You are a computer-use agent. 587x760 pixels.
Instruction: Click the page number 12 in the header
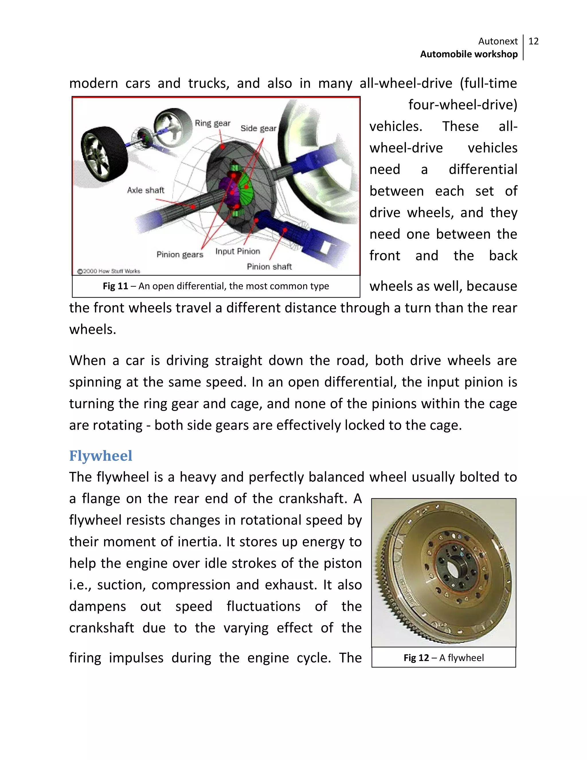[533, 41]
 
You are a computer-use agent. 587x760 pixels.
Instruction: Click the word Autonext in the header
[498, 41]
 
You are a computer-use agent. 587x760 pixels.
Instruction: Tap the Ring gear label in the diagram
[212, 123]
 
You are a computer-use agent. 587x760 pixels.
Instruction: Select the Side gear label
[258, 128]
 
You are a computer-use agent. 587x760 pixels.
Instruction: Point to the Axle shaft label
[145, 190]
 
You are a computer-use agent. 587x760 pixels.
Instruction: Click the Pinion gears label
[179, 254]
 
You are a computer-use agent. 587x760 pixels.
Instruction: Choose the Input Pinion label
[238, 251]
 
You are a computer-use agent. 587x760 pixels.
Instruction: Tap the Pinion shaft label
[269, 266]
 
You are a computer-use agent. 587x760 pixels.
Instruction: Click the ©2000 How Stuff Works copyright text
[109, 271]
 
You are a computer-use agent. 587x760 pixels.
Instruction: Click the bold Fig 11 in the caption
[116, 286]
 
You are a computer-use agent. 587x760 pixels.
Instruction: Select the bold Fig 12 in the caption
[416, 658]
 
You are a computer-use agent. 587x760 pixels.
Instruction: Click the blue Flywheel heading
[101, 455]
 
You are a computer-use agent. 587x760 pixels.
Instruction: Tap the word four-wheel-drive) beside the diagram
[463, 105]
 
